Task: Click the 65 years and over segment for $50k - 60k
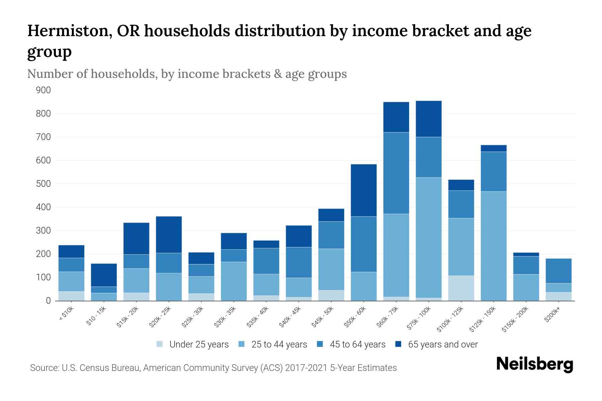click(x=364, y=190)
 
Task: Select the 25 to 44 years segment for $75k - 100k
click(x=428, y=237)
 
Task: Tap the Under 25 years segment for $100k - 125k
click(x=461, y=288)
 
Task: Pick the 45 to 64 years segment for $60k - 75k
click(x=396, y=173)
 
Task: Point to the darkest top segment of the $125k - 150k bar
click(x=493, y=148)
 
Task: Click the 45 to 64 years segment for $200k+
click(x=558, y=271)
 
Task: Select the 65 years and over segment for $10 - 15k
click(x=104, y=275)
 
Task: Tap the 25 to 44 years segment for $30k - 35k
click(x=234, y=281)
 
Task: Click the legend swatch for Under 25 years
click(x=160, y=344)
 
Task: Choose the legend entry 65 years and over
click(x=442, y=344)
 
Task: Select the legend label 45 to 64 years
click(x=357, y=344)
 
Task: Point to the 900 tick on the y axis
click(x=43, y=90)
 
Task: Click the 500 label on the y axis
click(x=43, y=184)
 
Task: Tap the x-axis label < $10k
click(x=67, y=314)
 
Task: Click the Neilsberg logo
click(x=534, y=364)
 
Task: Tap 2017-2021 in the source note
click(x=306, y=368)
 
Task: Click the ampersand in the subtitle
click(x=277, y=74)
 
